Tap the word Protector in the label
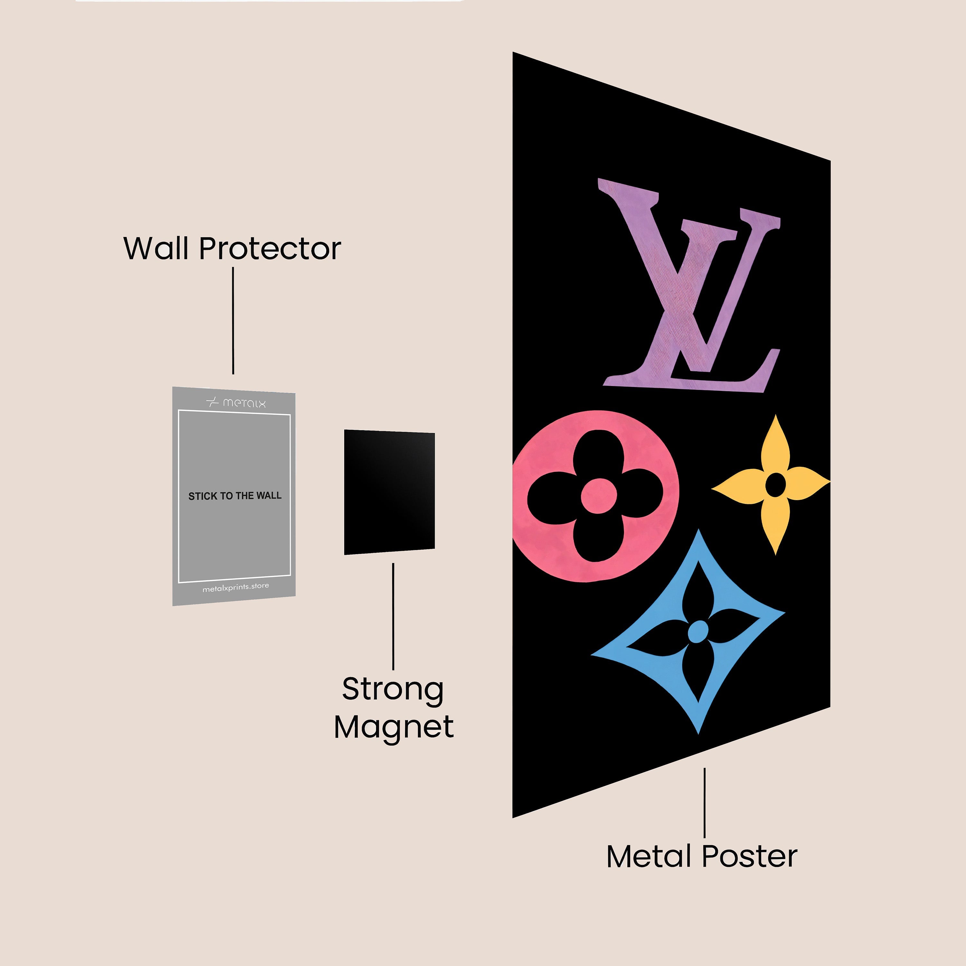tap(270, 249)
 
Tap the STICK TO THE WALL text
tap(235, 496)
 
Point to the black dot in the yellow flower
tap(775, 485)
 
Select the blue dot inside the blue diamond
tap(698, 631)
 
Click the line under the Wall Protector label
tap(233, 320)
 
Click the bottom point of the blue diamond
tap(698, 734)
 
